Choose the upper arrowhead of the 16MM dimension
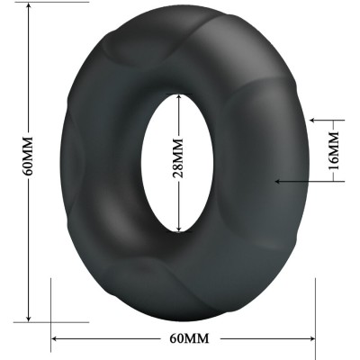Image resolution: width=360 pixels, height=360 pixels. [311, 118]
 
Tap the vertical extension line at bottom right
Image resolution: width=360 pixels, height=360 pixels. [316, 310]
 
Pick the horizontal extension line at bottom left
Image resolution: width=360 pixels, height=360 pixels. [54, 320]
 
